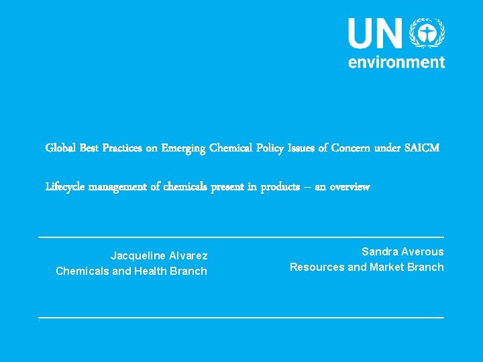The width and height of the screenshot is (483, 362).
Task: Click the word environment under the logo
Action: tap(396, 62)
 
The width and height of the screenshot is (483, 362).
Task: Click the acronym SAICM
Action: tap(423, 147)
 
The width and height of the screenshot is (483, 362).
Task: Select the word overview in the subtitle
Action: tap(350, 187)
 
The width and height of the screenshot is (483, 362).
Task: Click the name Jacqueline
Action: tap(137, 256)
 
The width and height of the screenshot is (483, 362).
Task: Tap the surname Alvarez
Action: tap(189, 256)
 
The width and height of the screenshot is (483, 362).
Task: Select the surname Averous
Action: tap(422, 252)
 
